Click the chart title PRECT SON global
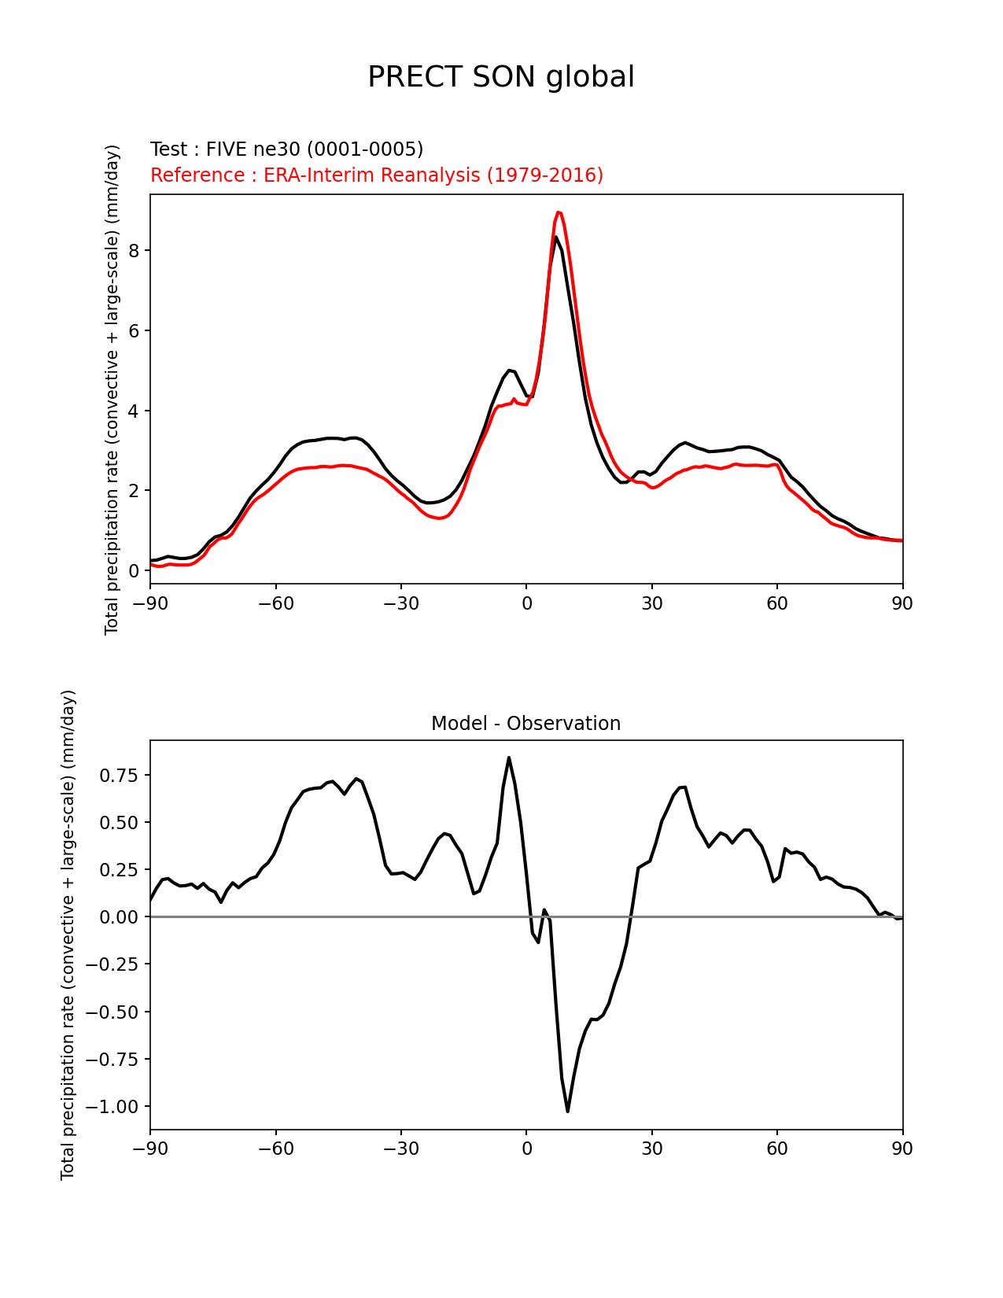coord(501,77)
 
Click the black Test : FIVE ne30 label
coord(286,149)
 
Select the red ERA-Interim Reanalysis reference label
coord(377,175)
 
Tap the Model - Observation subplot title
coord(525,724)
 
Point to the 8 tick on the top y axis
coord(135,250)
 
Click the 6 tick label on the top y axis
coord(135,330)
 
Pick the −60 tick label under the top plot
coord(275,603)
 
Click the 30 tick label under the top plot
coord(651,603)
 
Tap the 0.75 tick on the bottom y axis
coord(119,776)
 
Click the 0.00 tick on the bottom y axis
coord(119,917)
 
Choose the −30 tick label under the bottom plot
coord(400,1149)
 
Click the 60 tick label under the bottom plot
coord(777,1149)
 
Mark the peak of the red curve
coord(559,212)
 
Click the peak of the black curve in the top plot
coord(556,237)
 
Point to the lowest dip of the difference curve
coord(567,1111)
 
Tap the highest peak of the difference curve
coord(509,758)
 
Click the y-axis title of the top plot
coord(112,389)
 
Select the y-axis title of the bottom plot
coord(68,935)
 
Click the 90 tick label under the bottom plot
coord(902,1149)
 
